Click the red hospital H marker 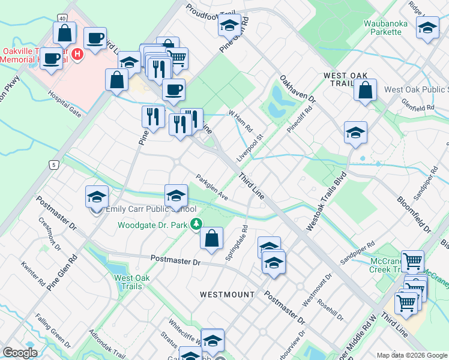(77, 55)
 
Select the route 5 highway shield (53, 164)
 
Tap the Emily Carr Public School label (151, 209)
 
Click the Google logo (20, 353)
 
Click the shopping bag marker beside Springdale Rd (211, 238)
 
